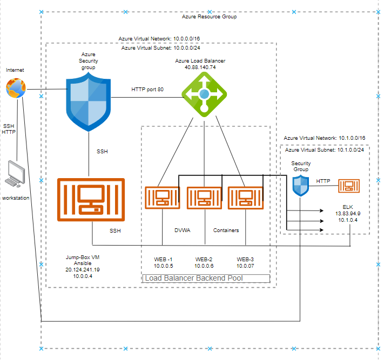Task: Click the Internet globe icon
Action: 16,87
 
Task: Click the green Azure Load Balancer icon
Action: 204,94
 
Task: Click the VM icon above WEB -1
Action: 163,197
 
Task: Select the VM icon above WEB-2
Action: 204,197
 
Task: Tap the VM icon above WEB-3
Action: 245,197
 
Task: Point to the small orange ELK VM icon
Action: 348,186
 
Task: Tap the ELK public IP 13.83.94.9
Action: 348,213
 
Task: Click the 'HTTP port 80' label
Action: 147,89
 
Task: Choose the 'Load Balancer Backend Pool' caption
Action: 193,279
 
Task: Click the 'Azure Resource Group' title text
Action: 209,17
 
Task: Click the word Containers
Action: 226,230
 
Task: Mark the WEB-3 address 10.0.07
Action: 245,266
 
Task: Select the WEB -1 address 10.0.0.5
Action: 163,266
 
